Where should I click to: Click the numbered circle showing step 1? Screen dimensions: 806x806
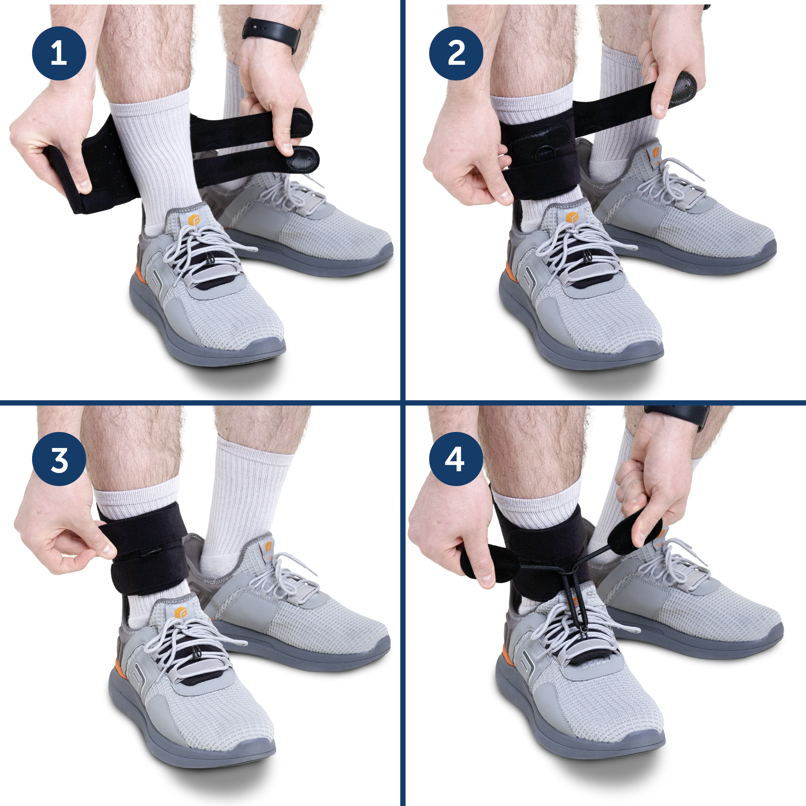[x=59, y=54]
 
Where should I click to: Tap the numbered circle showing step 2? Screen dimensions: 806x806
[x=456, y=54]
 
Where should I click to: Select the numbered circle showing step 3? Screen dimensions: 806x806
[x=59, y=459]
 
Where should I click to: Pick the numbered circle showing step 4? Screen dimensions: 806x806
[x=456, y=459]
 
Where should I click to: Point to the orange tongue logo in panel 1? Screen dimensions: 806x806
[x=194, y=219]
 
